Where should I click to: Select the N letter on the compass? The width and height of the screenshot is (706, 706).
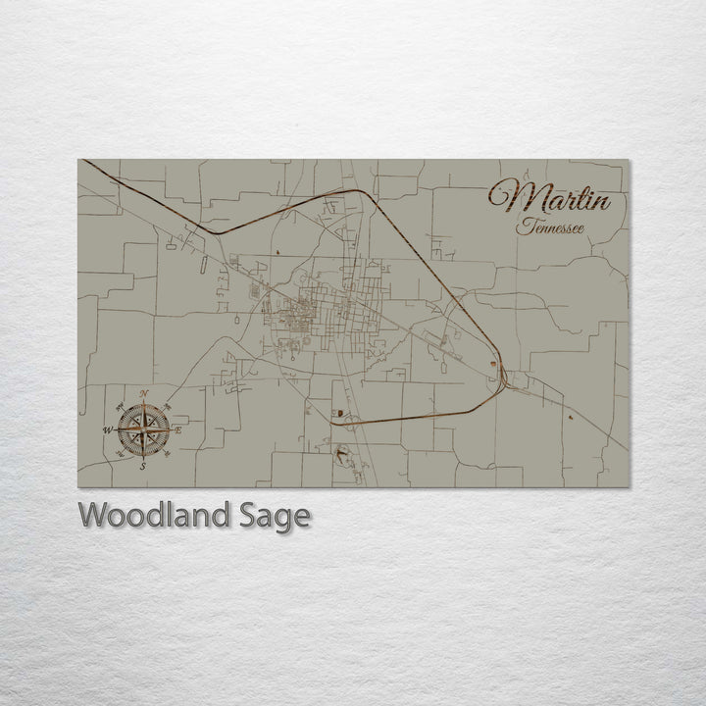[145, 394]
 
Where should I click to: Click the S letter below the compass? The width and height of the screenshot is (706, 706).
[142, 467]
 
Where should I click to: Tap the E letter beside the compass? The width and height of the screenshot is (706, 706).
[179, 429]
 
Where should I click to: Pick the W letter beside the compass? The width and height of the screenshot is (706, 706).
[108, 429]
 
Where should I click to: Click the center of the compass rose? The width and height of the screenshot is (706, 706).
[144, 429]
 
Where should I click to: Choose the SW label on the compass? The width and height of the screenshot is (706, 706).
[119, 455]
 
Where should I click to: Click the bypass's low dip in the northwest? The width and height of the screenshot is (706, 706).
[218, 232]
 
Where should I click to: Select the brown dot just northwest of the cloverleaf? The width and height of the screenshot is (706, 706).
[336, 413]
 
